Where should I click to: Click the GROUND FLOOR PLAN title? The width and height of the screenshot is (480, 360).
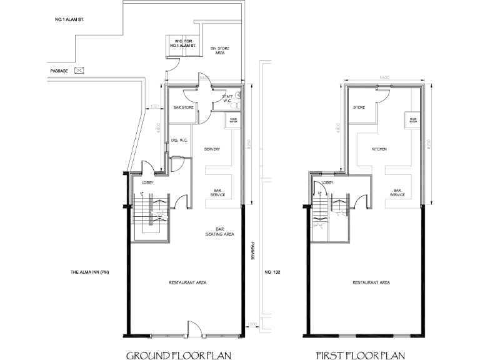pyautogui.click(x=179, y=356)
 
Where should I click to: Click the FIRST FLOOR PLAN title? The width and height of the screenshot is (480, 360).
pyautogui.click(x=361, y=356)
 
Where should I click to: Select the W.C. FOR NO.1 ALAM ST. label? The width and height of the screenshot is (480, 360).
pyautogui.click(x=182, y=44)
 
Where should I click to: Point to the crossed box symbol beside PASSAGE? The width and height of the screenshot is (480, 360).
pyautogui.click(x=79, y=70)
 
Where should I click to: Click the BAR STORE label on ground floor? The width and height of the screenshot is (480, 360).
pyautogui.click(x=183, y=107)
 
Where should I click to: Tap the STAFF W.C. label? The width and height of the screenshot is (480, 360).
pyautogui.click(x=227, y=98)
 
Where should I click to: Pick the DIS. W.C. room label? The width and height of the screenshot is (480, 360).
pyautogui.click(x=180, y=140)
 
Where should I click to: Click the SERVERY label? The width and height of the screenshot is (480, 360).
pyautogui.click(x=213, y=149)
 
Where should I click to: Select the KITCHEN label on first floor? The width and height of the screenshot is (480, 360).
pyautogui.click(x=379, y=149)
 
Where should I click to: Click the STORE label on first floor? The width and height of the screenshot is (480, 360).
pyautogui.click(x=359, y=107)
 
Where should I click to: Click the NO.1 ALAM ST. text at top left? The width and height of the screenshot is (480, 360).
pyautogui.click(x=70, y=21)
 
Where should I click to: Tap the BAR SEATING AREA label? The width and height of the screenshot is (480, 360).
pyautogui.click(x=219, y=232)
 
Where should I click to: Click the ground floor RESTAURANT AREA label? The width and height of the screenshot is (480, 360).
pyautogui.click(x=187, y=282)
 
